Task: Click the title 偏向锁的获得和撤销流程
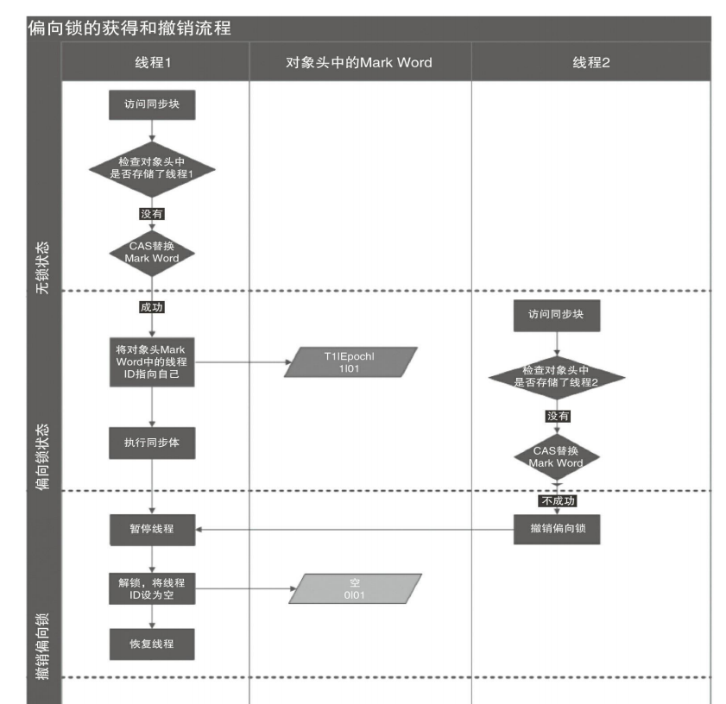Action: pos(130,28)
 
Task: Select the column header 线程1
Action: pos(152,62)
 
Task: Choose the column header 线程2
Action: pos(590,62)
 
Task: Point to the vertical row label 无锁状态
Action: pos(43,268)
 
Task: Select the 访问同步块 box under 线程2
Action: pos(556,315)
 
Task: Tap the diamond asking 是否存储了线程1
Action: pos(152,167)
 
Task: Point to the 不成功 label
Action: pos(558,500)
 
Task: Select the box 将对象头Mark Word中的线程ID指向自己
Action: pos(152,361)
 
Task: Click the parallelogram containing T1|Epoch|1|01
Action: pos(351,362)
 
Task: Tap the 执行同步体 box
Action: pos(152,443)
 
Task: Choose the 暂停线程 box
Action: pos(152,529)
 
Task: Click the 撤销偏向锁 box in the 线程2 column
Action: pos(556,528)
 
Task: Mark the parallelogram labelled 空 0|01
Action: pos(356,588)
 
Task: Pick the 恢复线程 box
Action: pos(152,644)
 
